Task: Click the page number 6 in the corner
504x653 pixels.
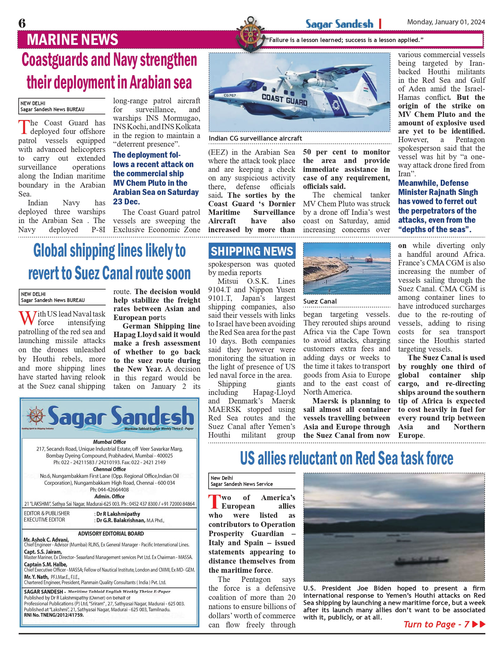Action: coord(22,23)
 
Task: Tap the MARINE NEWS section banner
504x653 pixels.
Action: coord(72,40)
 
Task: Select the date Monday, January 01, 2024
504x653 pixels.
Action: coord(446,22)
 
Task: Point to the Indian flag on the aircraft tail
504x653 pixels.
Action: coord(366,89)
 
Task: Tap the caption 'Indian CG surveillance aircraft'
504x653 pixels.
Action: coord(255,138)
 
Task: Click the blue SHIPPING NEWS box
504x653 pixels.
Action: coord(252,251)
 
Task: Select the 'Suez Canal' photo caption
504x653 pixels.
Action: coord(320,301)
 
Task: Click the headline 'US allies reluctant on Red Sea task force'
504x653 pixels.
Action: coord(346,458)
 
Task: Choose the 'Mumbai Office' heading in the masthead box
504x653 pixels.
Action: coord(109,442)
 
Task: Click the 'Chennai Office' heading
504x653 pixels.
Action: coord(109,469)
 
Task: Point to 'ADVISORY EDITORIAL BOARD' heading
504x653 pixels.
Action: coord(111,534)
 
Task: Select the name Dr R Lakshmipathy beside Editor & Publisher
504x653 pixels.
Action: coord(118,514)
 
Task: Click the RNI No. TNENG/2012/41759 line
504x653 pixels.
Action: coord(54,615)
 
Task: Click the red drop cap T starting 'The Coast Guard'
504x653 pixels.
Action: coord(24,127)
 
